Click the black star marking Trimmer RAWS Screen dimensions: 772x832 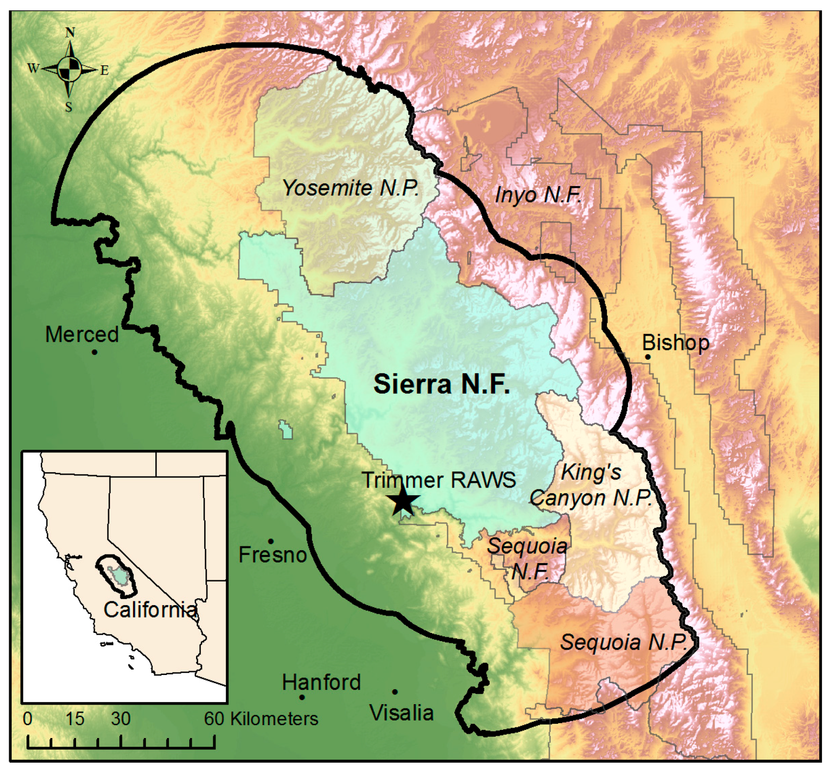pyautogui.click(x=402, y=501)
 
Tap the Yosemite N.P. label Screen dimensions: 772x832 pyautogui.click(x=350, y=188)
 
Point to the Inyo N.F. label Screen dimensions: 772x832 pyautogui.click(x=538, y=195)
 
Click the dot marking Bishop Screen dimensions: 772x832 pyautogui.click(x=648, y=357)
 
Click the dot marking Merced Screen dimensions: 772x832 pyautogui.click(x=95, y=352)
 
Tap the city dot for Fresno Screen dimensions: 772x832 pyautogui.click(x=271, y=541)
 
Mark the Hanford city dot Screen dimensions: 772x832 pyautogui.click(x=302, y=697)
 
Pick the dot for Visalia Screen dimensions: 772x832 pyautogui.click(x=395, y=692)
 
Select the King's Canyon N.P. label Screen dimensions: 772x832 pyautogui.click(x=591, y=485)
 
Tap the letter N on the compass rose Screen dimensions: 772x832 pyautogui.click(x=70, y=33)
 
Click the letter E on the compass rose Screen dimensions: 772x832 pyautogui.click(x=104, y=71)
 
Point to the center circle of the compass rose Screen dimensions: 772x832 pyautogui.click(x=69, y=69)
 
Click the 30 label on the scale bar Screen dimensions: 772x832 pyautogui.click(x=121, y=719)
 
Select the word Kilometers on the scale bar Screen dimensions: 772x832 pyautogui.click(x=274, y=719)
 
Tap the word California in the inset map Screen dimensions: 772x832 pyautogui.click(x=150, y=610)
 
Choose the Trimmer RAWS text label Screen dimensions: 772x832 pyautogui.click(x=438, y=480)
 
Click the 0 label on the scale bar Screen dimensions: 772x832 pyautogui.click(x=28, y=719)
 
